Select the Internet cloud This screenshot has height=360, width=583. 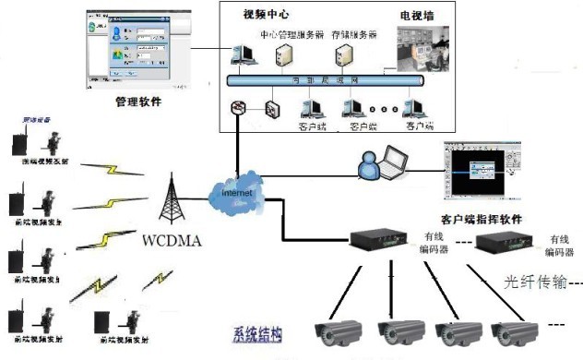(x=238, y=195)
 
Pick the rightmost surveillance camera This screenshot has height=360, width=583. (x=516, y=333)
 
